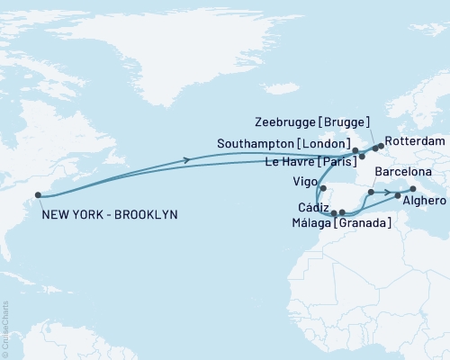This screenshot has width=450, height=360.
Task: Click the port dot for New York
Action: [38, 194]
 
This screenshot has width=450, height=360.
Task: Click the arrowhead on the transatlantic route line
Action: [187, 160]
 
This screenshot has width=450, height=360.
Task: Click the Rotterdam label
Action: [419, 142]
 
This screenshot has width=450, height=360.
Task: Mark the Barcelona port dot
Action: [371, 193]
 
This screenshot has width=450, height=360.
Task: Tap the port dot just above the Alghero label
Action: [397, 194]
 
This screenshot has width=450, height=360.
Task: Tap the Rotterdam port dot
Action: [381, 144]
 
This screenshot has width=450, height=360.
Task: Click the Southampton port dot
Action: [355, 150]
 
